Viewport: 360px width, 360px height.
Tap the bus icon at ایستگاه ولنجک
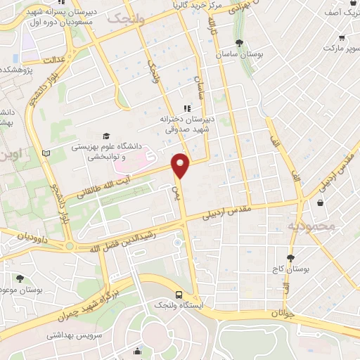click(179, 295)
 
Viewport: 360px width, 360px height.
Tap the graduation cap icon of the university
click(105, 136)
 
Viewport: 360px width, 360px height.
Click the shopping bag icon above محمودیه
click(321, 203)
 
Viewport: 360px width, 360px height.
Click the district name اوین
click(11, 152)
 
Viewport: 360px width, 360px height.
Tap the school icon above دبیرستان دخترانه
click(187, 108)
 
